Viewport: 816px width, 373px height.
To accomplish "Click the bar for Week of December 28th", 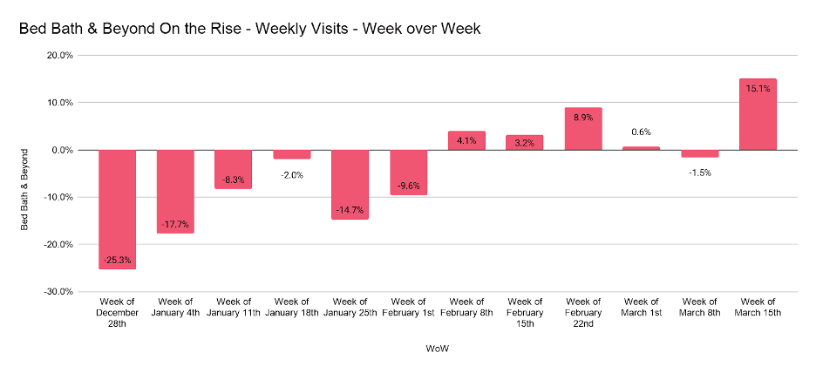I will (x=117, y=209).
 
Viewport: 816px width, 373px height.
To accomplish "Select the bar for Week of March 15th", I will (x=757, y=114).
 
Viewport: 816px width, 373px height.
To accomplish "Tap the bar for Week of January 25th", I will (x=350, y=184).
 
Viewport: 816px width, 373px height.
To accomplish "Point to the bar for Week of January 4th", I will (x=175, y=191).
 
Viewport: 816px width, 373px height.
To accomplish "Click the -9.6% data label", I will (x=408, y=186).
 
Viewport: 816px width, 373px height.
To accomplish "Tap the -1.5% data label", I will (x=699, y=173).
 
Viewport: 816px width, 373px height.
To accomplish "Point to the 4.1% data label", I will (x=466, y=140).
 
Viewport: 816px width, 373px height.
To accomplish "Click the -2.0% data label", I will (x=291, y=174).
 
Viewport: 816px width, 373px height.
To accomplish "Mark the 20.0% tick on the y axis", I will (x=59, y=55).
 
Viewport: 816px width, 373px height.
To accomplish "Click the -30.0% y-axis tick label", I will (x=58, y=291).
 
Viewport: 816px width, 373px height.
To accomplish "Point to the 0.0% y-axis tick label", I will (x=62, y=150).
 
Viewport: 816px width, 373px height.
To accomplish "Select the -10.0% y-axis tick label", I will (x=58, y=197).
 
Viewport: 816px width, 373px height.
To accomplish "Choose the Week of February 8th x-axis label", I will (x=466, y=307).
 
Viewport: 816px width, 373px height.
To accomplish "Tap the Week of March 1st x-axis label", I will (x=641, y=307).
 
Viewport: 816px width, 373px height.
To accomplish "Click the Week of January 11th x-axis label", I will (x=234, y=307).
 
